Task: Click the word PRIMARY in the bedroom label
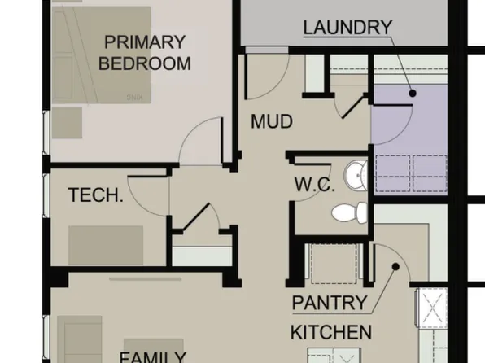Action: [x=145, y=42]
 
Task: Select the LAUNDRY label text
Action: [x=347, y=27]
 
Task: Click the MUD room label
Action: [x=271, y=122]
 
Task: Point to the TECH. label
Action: [x=95, y=195]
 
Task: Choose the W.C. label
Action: [x=314, y=185]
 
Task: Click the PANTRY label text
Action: [x=330, y=304]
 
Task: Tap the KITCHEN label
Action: [x=331, y=332]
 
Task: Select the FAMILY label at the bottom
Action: [x=151, y=356]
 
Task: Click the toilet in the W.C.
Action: [x=348, y=213]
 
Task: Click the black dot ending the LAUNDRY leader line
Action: [x=413, y=94]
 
